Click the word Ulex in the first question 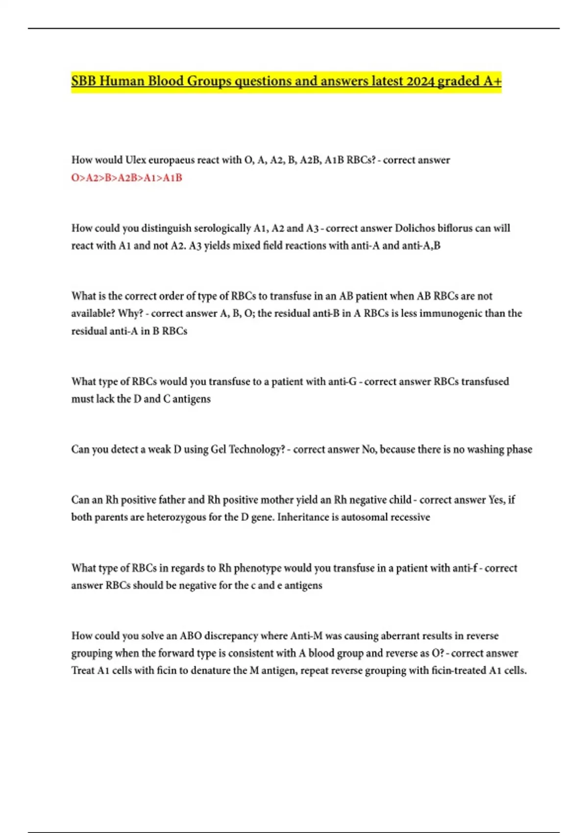tap(136, 160)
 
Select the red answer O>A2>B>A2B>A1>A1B tap(126, 178)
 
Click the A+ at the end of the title tap(492, 81)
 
